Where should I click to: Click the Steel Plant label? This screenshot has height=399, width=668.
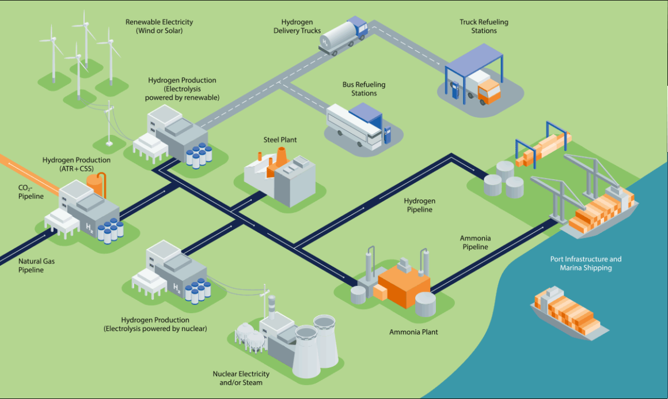pos(280,140)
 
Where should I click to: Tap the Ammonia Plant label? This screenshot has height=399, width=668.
pos(413,332)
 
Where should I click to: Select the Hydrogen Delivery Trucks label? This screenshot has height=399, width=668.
pos(297,27)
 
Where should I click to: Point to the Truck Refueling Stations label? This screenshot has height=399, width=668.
pos(484,27)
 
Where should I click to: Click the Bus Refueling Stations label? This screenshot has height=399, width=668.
pos(364,89)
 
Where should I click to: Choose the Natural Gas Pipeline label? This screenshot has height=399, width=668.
pos(36,265)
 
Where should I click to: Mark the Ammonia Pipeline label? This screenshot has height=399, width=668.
pos(475,242)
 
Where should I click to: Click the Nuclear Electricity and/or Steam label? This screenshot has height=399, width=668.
pos(241,378)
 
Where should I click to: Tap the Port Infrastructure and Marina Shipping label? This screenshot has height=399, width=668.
pos(586,264)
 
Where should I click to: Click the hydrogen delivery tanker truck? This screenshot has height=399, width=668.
pos(343,36)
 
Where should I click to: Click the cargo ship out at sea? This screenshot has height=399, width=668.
pos(569,313)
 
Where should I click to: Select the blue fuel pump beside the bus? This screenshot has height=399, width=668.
pos(387,135)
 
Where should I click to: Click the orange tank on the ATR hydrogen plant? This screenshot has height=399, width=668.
pos(96,185)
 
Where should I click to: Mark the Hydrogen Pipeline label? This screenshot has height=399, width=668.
pos(420,205)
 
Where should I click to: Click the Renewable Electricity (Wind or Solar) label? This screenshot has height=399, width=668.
pos(159,27)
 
